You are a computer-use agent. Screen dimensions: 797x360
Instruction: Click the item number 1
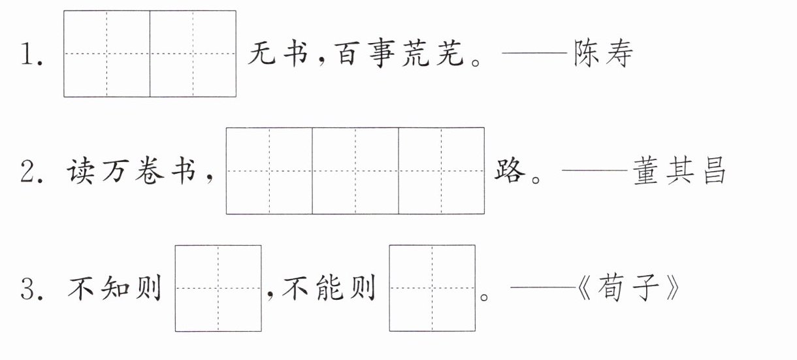click(31, 54)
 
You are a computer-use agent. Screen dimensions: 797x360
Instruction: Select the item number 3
click(31, 289)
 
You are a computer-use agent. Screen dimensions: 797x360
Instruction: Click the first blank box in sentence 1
click(106, 54)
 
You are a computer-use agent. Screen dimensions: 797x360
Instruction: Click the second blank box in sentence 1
click(193, 54)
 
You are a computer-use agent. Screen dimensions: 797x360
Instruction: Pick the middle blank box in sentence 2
click(355, 171)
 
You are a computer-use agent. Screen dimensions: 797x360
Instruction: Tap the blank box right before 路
click(441, 171)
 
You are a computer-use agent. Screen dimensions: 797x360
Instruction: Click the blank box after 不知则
click(218, 288)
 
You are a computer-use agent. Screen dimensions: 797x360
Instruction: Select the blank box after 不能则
click(432, 288)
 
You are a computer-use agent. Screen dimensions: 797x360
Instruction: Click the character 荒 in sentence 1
click(416, 54)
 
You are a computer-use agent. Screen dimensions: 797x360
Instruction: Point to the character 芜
click(450, 54)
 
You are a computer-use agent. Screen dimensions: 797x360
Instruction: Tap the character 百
click(348, 54)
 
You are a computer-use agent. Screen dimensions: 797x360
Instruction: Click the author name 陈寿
click(604, 54)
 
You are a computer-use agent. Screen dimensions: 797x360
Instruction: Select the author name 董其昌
click(679, 171)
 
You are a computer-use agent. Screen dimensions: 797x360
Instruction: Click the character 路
click(510, 171)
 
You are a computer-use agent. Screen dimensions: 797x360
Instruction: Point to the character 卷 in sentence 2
click(150, 171)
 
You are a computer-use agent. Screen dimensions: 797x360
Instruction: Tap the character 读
click(81, 171)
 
